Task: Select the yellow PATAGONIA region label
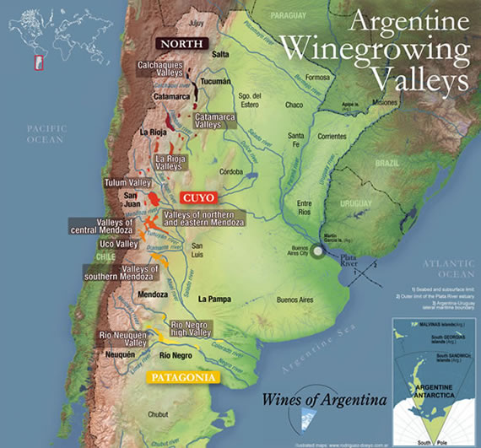coord(181,377)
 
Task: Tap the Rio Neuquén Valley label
coord(123,338)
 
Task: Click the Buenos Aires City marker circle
coord(317,251)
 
